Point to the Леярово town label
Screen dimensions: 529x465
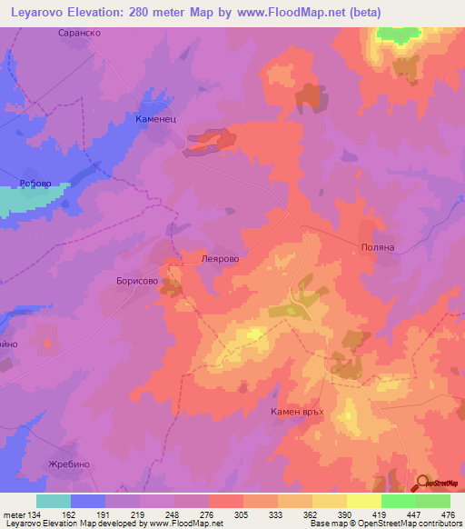click(219, 258)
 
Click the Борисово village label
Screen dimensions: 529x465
click(137, 282)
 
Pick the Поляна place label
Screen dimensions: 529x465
click(376, 246)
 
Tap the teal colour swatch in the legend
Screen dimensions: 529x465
click(54, 501)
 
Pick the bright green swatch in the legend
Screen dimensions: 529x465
click(398, 501)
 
